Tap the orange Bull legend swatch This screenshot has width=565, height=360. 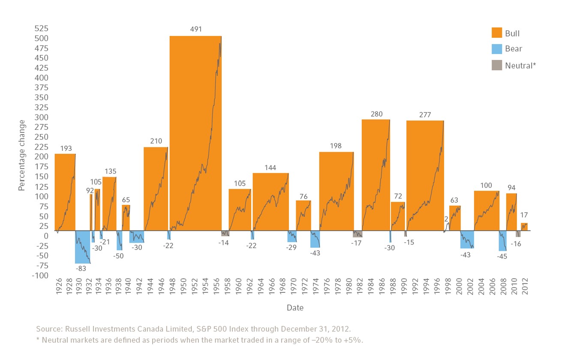pos(496,33)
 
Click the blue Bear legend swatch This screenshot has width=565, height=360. pos(496,49)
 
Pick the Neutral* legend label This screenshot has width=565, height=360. pos(521,66)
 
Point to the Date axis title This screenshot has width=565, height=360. pos(295,308)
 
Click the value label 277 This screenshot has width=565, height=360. pos(425,115)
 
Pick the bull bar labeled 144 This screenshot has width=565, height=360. pos(270,201)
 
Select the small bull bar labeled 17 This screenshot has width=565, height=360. pos(524,227)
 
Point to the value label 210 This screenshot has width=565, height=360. pos(156,141)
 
